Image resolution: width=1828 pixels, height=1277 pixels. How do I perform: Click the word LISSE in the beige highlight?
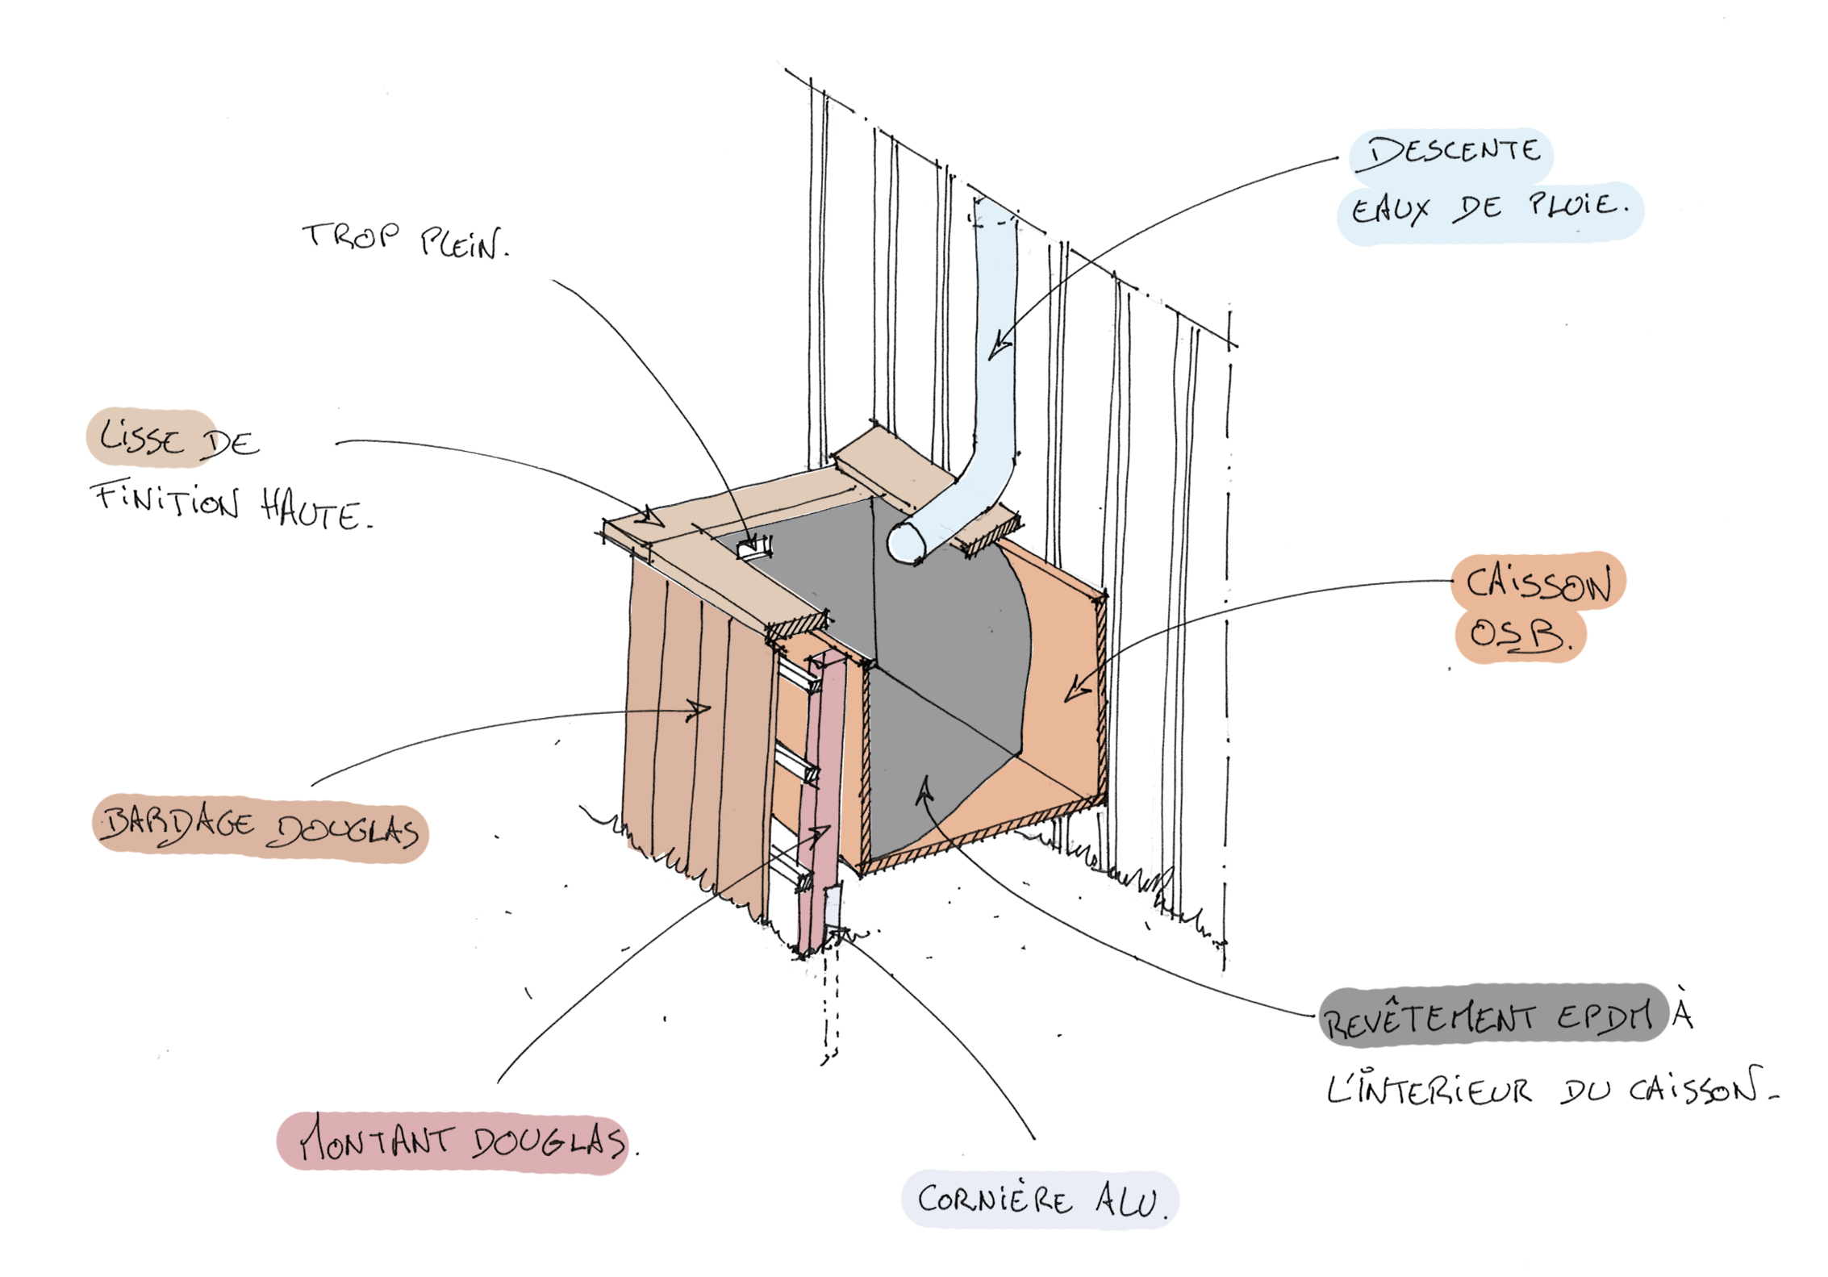pos(143,439)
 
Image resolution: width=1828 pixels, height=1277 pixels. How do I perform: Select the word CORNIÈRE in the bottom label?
pos(995,1200)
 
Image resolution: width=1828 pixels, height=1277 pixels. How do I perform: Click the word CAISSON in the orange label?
pos(1538,582)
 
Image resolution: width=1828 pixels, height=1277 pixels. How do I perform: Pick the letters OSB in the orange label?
pos(1517,635)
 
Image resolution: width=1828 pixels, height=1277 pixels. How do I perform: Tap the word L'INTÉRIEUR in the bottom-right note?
pos(1429,1091)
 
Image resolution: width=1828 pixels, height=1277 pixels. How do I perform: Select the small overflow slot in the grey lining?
pos(753,550)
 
